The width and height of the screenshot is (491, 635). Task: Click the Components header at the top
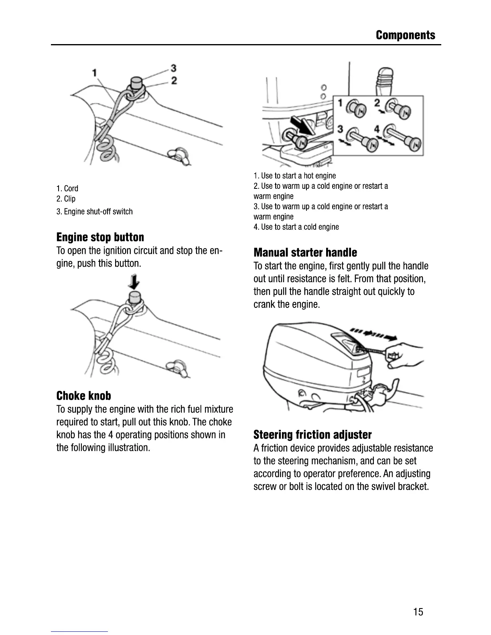coord(405,35)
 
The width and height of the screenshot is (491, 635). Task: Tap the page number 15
coord(418,612)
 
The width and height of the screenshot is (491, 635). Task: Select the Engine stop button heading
coord(100,237)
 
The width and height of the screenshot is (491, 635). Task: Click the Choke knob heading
coord(83,396)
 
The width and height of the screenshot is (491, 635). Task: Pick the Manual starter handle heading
coord(305,253)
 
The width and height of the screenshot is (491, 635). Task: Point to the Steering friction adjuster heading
coord(312,435)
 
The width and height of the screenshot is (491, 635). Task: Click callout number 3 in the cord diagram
coord(173,68)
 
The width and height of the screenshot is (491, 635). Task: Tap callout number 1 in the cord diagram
coord(95,73)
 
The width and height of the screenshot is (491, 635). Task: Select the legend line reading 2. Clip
coord(66,199)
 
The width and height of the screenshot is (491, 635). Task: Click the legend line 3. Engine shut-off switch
coord(95,212)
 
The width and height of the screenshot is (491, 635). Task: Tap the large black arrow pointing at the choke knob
coord(302,125)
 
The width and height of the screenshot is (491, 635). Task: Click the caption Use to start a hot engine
coord(295,176)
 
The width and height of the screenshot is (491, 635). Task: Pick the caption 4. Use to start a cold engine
coord(296,227)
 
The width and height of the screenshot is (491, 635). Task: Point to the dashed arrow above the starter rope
coord(373,334)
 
